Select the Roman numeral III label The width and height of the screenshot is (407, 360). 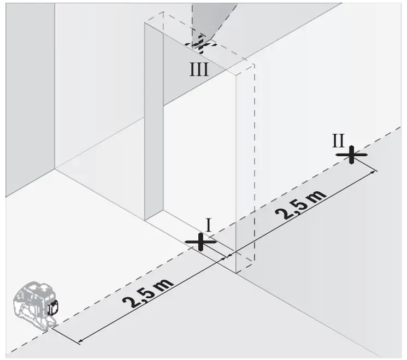(199, 69)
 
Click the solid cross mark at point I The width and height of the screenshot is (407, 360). (201, 241)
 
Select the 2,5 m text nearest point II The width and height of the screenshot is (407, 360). (303, 204)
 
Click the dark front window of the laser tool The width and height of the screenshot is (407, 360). (53, 308)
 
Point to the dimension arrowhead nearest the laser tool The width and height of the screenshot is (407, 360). (80, 342)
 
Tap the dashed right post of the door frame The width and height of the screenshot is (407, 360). (244, 164)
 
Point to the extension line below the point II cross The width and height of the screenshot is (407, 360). (364, 164)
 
